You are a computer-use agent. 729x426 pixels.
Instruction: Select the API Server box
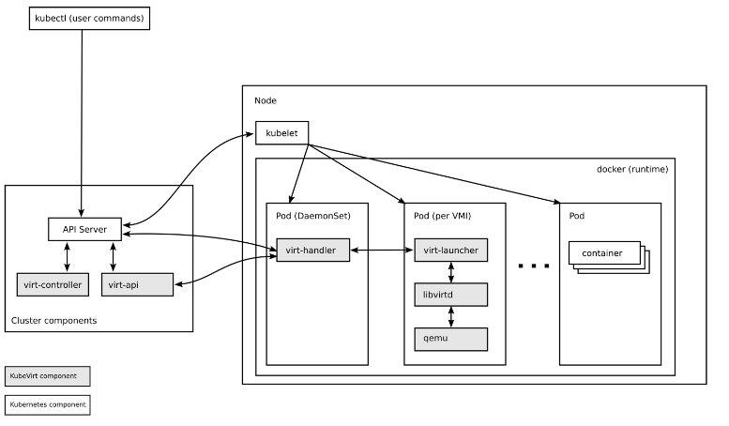click(84, 229)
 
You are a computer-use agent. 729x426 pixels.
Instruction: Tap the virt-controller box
click(53, 284)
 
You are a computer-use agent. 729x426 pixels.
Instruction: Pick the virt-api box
click(137, 284)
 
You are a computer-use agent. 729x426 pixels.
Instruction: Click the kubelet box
click(282, 133)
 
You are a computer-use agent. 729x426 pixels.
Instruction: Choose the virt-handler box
click(312, 251)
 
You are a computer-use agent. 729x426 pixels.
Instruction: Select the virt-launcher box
click(451, 251)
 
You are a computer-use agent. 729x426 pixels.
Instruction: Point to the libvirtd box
click(451, 295)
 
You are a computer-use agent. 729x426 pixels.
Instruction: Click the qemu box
click(451, 339)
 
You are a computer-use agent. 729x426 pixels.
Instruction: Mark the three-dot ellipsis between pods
click(533, 266)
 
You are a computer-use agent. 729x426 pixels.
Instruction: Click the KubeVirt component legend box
click(47, 376)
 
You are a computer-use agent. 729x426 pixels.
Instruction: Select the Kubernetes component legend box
click(47, 405)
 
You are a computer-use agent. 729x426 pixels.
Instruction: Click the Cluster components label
click(53, 321)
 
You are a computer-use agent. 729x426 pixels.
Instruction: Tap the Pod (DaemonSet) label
click(312, 216)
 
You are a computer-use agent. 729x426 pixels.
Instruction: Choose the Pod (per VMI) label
click(442, 216)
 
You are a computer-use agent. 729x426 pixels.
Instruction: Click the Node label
click(266, 100)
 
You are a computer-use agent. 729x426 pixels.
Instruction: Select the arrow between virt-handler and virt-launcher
click(382, 251)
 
